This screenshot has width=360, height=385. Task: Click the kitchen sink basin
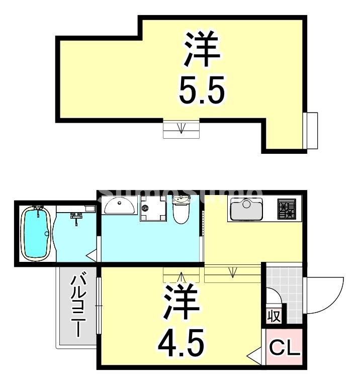click(x=246, y=210)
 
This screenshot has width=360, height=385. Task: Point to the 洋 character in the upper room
click(x=202, y=50)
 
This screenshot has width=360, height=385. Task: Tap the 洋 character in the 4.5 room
click(x=181, y=303)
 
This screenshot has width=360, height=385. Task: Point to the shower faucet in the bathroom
click(x=76, y=217)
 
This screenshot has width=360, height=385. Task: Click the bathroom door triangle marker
click(x=93, y=256)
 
